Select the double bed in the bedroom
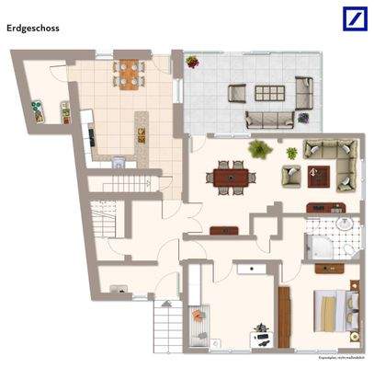coord(332,310)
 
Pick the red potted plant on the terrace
coord(192,62)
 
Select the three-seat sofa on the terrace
coord(270,118)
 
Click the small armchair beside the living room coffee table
coord(290,172)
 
